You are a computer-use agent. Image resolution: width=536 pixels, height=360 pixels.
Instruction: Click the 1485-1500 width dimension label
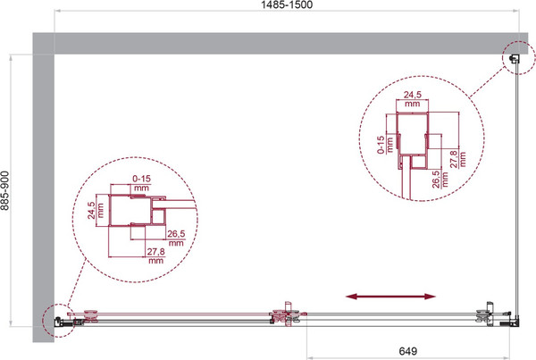click(287, 4)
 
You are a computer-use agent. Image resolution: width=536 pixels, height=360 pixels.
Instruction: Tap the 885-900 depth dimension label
click(4, 191)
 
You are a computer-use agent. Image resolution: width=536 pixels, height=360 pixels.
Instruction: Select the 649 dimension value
click(408, 351)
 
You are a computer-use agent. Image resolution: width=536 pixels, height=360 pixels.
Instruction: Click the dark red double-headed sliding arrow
click(390, 297)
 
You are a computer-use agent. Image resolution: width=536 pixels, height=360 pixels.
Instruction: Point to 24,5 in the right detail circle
click(412, 95)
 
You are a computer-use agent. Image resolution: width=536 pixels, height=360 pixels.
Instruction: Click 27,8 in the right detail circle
click(454, 159)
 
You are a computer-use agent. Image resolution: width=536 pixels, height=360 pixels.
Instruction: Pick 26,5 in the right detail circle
click(436, 180)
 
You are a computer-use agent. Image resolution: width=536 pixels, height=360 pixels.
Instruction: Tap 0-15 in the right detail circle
click(381, 145)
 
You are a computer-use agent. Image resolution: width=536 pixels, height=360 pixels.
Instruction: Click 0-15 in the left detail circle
click(141, 179)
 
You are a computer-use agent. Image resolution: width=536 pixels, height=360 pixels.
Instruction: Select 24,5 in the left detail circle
click(91, 210)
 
